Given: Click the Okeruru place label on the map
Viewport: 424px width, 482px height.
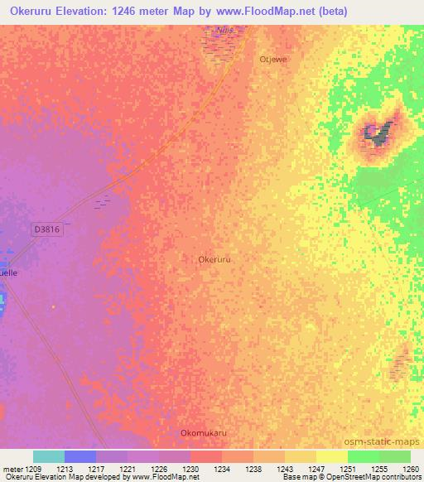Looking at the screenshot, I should point(214,259).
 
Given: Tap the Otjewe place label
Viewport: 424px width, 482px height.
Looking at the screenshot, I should point(272,60).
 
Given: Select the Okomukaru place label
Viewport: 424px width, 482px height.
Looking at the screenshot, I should point(203,432).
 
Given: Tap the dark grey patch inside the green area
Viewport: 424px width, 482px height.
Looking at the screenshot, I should point(377,133).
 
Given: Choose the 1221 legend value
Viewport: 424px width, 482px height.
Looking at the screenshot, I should point(127,469).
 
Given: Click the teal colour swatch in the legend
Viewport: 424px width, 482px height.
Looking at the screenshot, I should point(49,456).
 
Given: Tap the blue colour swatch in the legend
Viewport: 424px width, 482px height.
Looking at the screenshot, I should point(80,456).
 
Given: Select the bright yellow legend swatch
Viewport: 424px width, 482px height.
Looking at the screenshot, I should point(331,456).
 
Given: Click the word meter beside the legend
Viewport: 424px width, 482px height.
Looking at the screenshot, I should point(12,469).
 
